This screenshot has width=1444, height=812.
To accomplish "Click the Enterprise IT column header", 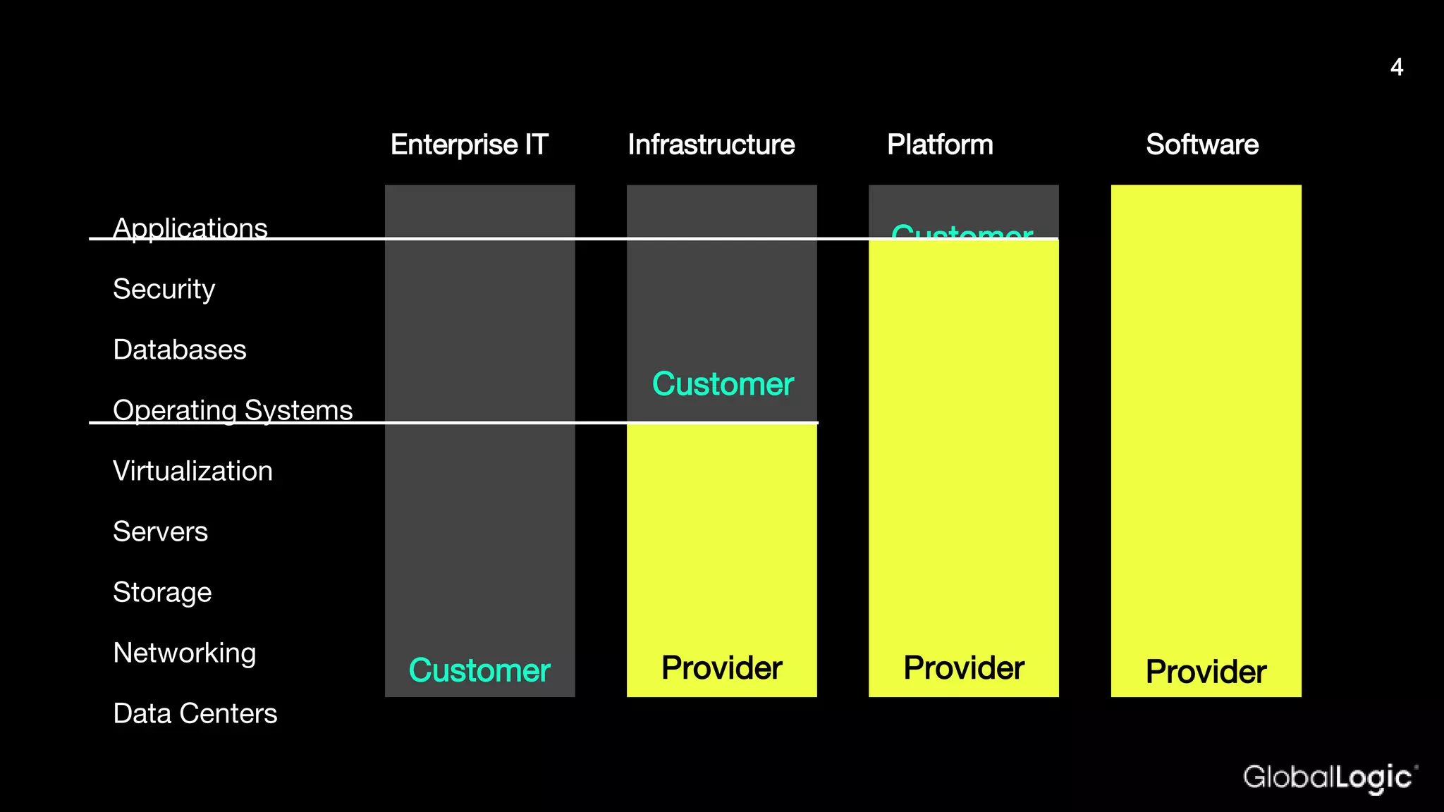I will click(470, 145).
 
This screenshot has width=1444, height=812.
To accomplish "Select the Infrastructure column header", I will click(711, 145).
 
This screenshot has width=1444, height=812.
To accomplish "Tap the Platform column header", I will click(940, 145).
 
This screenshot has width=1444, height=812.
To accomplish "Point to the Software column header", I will click(1202, 145).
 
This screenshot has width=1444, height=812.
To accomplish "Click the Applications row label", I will click(190, 228).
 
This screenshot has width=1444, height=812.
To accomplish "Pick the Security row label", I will click(164, 289).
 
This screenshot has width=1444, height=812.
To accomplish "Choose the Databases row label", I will click(180, 350).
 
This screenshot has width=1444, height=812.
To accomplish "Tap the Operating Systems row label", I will click(233, 410).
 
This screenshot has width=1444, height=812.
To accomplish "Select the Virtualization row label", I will click(192, 471).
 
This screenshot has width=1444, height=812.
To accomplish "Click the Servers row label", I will click(161, 531).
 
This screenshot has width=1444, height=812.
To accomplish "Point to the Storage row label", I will click(162, 592).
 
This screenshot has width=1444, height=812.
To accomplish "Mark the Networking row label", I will click(185, 653).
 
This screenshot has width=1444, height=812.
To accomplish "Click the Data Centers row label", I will click(195, 713).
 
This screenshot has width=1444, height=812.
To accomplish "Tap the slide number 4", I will click(1397, 68).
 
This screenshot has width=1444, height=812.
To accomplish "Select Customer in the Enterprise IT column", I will click(479, 670).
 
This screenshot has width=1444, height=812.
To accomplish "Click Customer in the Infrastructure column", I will click(723, 384).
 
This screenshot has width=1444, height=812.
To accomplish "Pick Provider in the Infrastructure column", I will click(722, 668).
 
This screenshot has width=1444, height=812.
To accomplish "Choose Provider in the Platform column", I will click(964, 668).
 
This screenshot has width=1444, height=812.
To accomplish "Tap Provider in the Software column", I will click(1206, 672).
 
